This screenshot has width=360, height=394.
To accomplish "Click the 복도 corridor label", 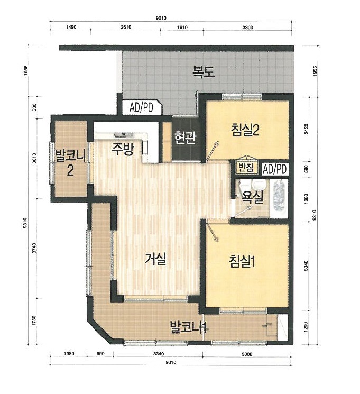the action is tap(204, 71).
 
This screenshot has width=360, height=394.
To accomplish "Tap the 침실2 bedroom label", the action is tap(245, 130).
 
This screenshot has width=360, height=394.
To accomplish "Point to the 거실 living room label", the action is tap(155, 259).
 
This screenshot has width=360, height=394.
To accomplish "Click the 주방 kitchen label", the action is tap(123, 149).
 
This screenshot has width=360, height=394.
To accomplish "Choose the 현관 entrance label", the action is tap(186, 138).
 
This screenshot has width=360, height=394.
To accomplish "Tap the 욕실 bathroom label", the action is tap(253, 197).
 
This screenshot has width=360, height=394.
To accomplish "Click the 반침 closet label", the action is tap(246, 167).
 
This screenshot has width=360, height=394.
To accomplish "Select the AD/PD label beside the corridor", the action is tap(141, 108).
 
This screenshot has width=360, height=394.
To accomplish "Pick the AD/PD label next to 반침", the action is tap(274, 169).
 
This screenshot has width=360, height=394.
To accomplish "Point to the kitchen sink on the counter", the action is tap(123, 135).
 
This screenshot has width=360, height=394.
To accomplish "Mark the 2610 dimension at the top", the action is tap(126, 27).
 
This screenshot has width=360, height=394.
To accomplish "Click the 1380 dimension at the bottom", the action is tap(69, 354).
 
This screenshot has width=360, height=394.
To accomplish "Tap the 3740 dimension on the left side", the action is tap(34, 249).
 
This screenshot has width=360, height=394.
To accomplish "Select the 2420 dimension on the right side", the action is tap(306, 129).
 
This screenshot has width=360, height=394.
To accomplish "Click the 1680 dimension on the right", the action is tap(306, 199).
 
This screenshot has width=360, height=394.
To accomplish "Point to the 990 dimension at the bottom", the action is tap(100, 354).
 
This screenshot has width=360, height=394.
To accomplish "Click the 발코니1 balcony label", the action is tap(188, 327).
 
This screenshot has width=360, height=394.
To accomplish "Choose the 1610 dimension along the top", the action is tap(182, 27).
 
